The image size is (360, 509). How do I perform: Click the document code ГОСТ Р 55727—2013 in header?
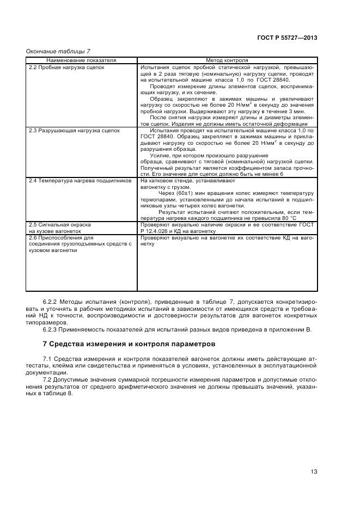coord(286,38)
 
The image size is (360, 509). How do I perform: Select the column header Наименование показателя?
coord(81,60)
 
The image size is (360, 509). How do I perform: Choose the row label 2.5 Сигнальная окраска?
coord(59,224)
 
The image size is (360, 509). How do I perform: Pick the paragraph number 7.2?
coord(47,380)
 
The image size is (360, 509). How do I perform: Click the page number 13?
coord(314,471)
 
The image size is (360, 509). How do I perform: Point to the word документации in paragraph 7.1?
coord(45,373)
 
